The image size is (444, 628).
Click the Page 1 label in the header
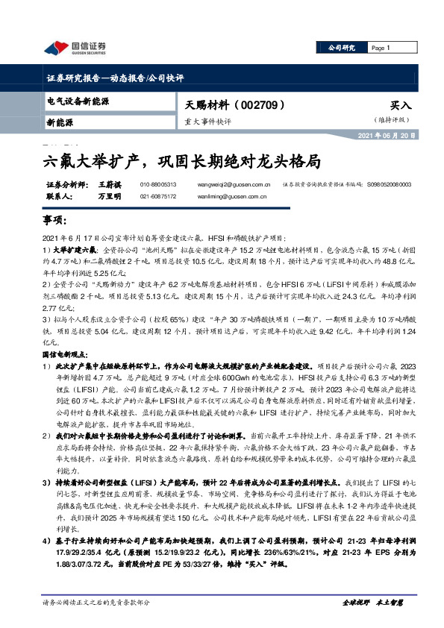tap(381, 47)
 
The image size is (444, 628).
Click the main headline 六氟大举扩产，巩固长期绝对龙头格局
tap(180, 160)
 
